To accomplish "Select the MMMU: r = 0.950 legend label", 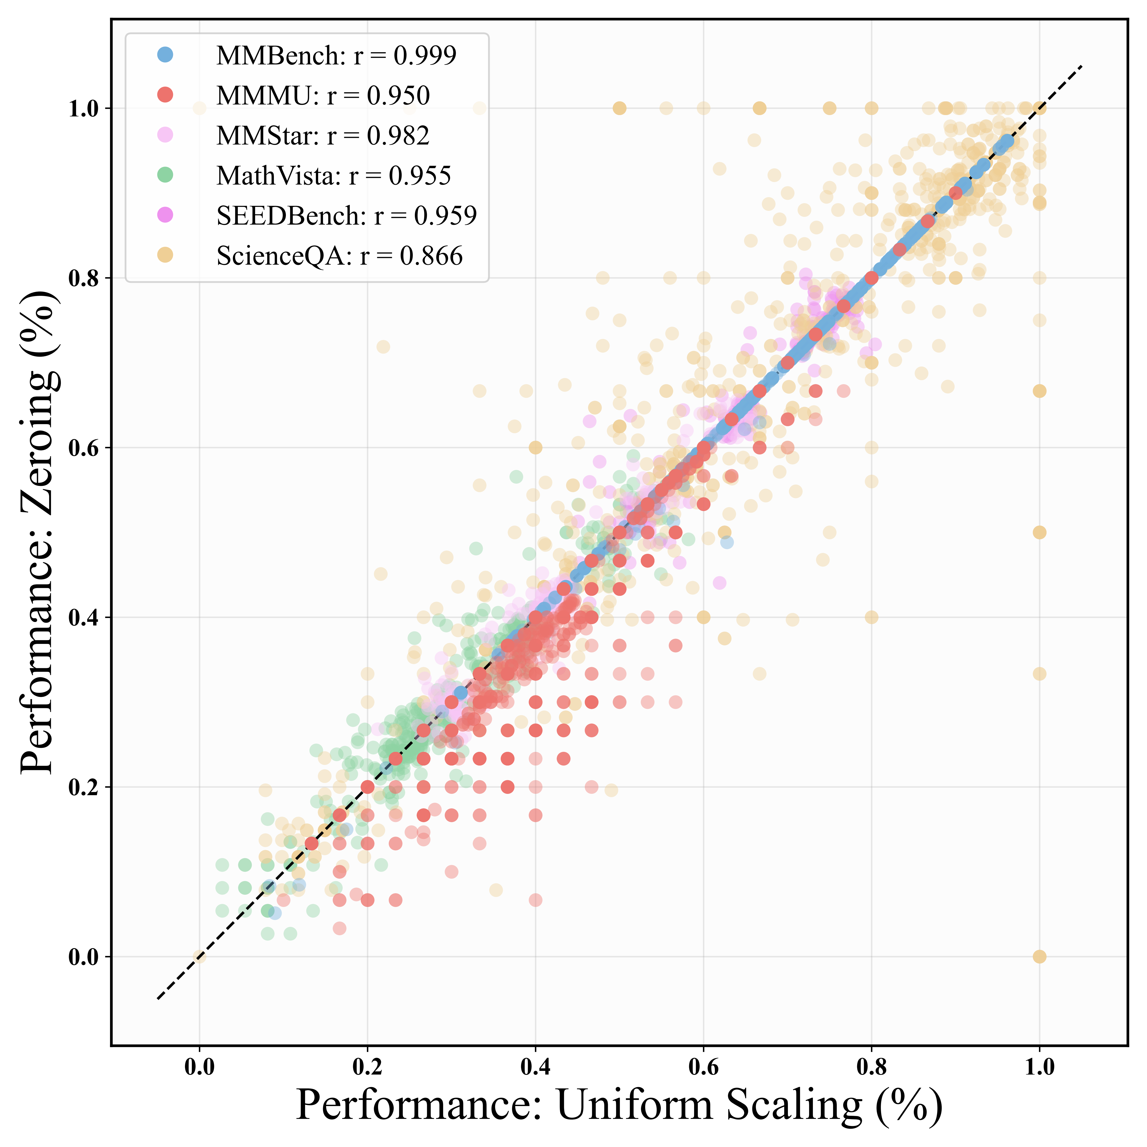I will [x=323, y=96].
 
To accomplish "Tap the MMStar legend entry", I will [x=322, y=136].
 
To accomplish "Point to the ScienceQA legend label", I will [x=339, y=256].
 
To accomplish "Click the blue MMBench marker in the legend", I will [x=166, y=55].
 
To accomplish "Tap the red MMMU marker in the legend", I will [x=166, y=95].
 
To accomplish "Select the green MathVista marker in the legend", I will [x=166, y=175].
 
